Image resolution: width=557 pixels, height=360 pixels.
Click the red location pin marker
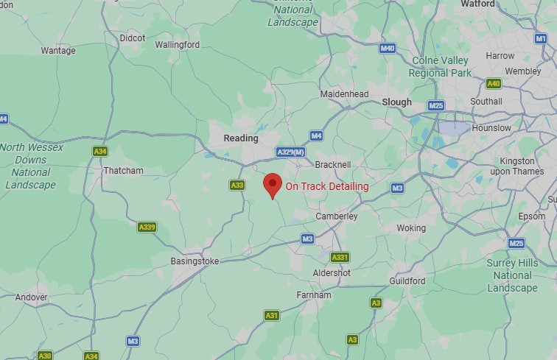point(273,185)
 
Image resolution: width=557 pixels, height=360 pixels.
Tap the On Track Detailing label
point(327,186)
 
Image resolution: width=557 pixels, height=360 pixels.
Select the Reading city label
point(241,138)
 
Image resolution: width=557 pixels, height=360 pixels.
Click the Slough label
point(396,102)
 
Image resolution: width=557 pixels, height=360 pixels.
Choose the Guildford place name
point(407,280)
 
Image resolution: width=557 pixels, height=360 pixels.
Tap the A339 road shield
point(147,227)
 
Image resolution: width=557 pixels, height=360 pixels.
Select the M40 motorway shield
point(388,49)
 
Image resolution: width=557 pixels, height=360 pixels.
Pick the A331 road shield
point(340,257)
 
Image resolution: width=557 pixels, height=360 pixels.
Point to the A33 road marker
point(237,186)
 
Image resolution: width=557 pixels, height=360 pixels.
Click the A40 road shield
point(493,84)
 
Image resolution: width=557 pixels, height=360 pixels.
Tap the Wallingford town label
point(177,44)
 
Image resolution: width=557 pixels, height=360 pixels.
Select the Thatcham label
point(123,170)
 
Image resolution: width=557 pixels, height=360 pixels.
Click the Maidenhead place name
point(344,94)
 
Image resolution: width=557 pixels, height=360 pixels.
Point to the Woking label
point(411,227)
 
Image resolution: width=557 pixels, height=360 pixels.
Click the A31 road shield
point(272,315)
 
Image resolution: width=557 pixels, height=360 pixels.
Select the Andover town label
point(31,297)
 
